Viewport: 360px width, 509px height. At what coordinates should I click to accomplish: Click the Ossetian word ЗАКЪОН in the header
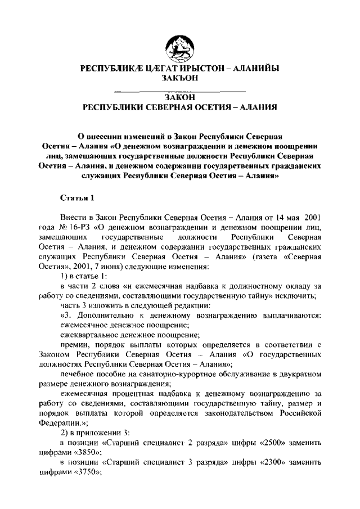coord(179,78)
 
